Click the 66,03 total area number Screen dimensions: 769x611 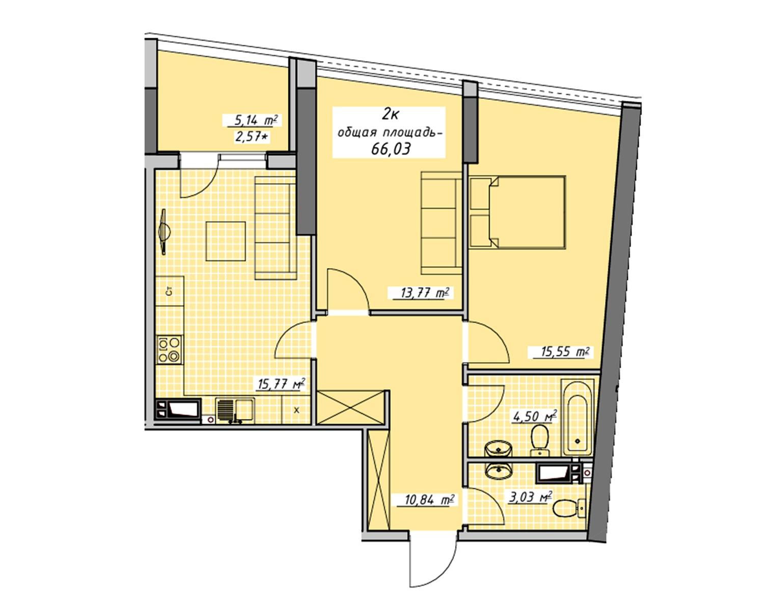391,149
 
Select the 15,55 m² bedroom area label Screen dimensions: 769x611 560,352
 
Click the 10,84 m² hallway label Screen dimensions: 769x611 427,499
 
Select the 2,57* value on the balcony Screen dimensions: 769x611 251,137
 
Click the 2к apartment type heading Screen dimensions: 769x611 391,115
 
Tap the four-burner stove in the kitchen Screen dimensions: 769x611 170,350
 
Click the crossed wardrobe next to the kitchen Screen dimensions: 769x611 350,408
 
